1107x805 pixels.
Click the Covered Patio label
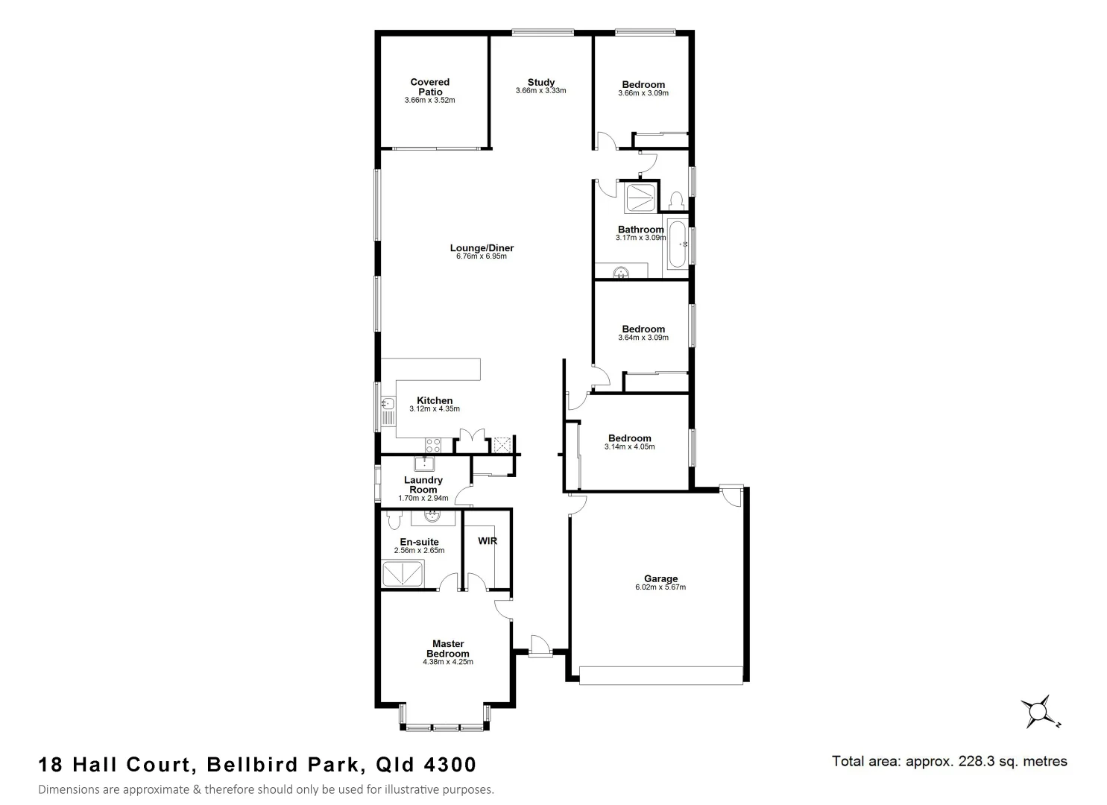(429, 86)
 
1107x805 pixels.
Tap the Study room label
(540, 82)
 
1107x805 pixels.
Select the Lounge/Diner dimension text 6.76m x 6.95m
(481, 256)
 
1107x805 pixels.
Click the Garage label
(660, 578)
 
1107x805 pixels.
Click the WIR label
(488, 540)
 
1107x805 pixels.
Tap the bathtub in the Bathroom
(678, 244)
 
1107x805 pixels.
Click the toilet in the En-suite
(394, 520)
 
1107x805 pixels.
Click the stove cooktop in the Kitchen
(433, 445)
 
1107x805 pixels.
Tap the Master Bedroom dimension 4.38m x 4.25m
(448, 662)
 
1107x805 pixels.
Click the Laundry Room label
(423, 484)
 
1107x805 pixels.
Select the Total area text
(949, 761)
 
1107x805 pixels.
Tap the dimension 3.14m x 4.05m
(629, 446)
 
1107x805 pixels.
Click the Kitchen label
(435, 400)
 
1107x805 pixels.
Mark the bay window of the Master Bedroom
(445, 727)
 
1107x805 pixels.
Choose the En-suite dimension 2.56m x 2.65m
(419, 550)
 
